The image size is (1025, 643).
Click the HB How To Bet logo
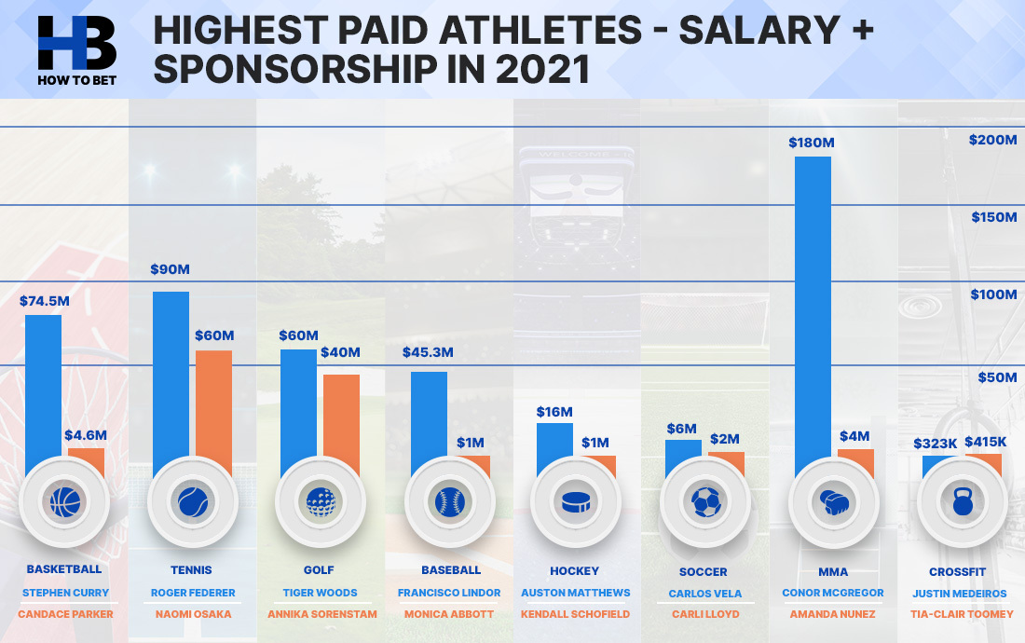point(77,51)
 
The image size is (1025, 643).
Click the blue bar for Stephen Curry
point(43,396)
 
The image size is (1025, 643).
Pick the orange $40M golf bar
point(341,425)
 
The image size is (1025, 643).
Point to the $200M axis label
point(992,140)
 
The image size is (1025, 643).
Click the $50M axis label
point(997,377)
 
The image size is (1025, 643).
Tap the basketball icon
point(64,502)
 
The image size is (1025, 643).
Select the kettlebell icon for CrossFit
point(963,502)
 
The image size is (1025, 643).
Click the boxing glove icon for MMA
point(833,502)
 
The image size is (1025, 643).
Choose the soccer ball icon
point(706,502)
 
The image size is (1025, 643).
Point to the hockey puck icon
point(576,502)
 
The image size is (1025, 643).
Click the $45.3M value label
point(428,353)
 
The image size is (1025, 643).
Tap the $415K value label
point(986,442)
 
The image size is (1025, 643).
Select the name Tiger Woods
point(320,593)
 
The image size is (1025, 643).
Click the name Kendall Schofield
point(575,614)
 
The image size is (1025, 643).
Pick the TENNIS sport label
point(191,569)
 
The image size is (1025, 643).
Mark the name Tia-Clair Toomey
point(962,614)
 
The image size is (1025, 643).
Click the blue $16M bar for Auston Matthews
point(554,450)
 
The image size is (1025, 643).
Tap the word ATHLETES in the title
point(540,30)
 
